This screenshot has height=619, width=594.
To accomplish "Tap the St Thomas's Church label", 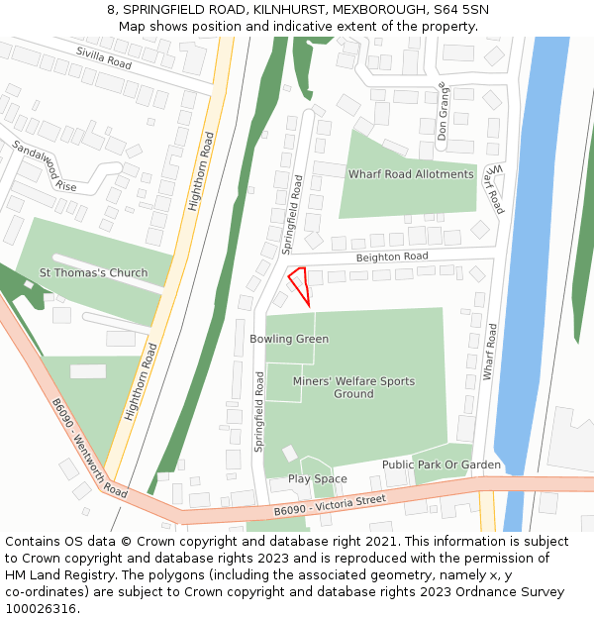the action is pyautogui.click(x=93, y=273).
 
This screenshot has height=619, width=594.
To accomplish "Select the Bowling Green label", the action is pyautogui.click(x=289, y=339).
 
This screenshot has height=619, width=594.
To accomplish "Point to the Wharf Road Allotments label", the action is pyautogui.click(x=410, y=174).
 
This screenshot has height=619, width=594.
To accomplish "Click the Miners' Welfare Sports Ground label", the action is pyautogui.click(x=353, y=387).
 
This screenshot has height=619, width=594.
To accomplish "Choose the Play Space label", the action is pyautogui.click(x=317, y=479).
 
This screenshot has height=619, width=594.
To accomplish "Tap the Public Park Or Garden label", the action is pyautogui.click(x=442, y=464).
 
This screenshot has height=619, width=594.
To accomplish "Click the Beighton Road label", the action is pyautogui.click(x=392, y=257).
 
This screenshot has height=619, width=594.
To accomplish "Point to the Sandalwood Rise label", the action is pyautogui.click(x=44, y=165).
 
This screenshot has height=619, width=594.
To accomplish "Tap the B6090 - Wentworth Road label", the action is pyautogui.click(x=89, y=449).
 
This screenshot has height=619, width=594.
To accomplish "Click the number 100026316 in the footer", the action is pyautogui.click(x=41, y=609).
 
